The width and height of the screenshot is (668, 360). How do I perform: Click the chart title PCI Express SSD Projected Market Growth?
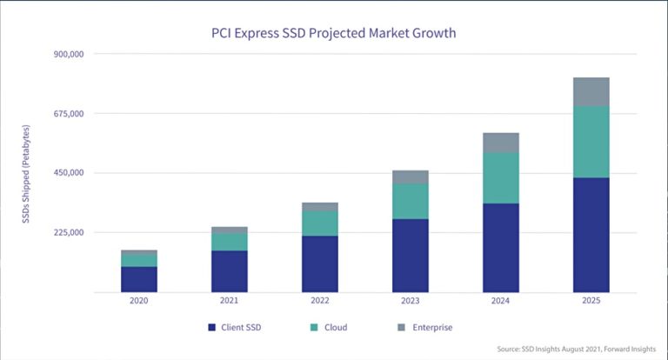point(334,33)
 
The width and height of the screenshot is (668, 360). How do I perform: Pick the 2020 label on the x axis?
point(139,301)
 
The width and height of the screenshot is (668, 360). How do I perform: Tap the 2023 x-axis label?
point(411,301)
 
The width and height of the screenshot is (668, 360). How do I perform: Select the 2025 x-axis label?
point(591,301)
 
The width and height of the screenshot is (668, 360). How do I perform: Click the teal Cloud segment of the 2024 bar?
point(500,177)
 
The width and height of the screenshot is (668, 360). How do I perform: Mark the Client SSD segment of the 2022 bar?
point(320,263)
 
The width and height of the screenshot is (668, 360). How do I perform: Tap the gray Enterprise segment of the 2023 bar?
point(411,177)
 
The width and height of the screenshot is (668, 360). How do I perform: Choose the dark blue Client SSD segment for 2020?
point(139,278)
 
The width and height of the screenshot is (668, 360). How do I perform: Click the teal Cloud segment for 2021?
point(230,242)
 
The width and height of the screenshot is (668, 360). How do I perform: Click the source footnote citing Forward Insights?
point(575,349)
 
